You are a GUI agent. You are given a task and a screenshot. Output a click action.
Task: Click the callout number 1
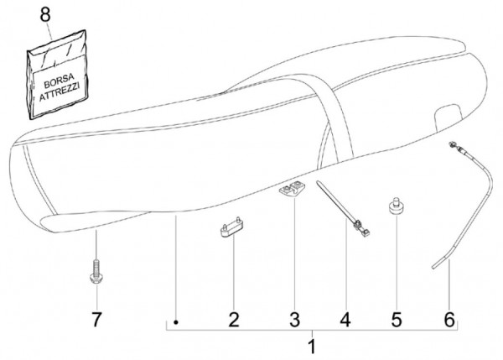(312, 345)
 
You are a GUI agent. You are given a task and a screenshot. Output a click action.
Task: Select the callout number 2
(234, 319)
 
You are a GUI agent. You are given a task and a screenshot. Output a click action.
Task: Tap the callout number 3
(294, 319)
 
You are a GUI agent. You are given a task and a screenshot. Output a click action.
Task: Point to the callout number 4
(344, 319)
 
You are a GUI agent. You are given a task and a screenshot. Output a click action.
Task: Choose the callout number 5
(397, 319)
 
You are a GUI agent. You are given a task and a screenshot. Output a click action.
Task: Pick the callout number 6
(449, 319)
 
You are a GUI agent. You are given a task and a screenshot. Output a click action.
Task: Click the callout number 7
(96, 319)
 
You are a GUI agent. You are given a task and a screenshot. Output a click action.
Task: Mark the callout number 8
(45, 15)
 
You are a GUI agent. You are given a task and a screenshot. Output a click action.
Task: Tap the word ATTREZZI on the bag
(57, 93)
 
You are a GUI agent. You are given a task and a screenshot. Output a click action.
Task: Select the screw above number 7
(96, 274)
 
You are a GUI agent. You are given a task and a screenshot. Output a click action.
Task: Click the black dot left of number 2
(176, 321)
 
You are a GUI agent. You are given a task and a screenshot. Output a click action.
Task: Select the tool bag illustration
(57, 81)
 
